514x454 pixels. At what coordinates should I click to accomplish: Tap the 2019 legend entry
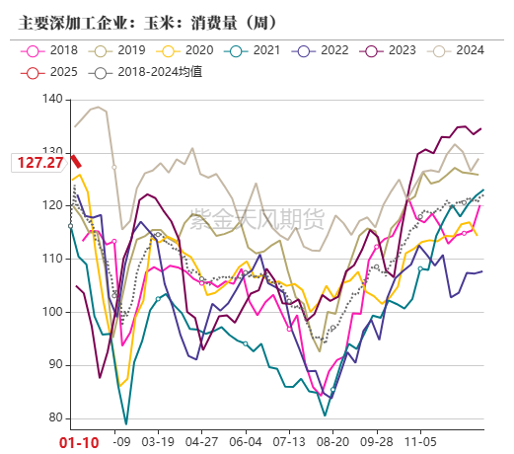coord(131,50)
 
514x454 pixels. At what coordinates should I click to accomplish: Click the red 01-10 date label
coord(79,442)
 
